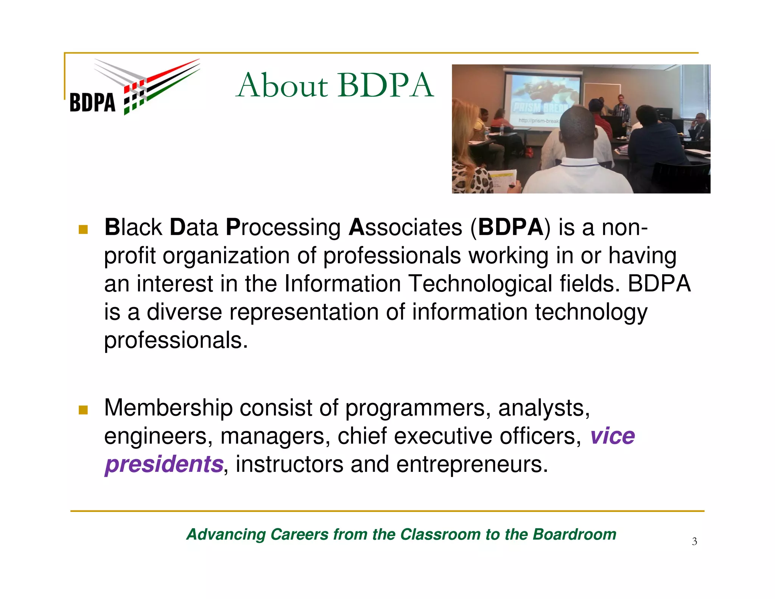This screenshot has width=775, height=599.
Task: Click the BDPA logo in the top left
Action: point(134,87)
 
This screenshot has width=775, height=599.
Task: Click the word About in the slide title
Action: point(282,86)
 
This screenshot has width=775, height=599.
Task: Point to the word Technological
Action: point(481,284)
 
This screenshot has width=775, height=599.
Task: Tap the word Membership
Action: point(168,408)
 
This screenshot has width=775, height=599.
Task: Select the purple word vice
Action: point(612,436)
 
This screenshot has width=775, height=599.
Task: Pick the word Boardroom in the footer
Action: point(574,534)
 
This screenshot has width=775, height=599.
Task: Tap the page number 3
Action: point(694,541)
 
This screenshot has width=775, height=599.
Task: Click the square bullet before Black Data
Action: point(83,229)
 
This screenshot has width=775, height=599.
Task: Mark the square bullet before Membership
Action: point(83,410)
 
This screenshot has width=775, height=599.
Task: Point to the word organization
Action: point(226,256)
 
